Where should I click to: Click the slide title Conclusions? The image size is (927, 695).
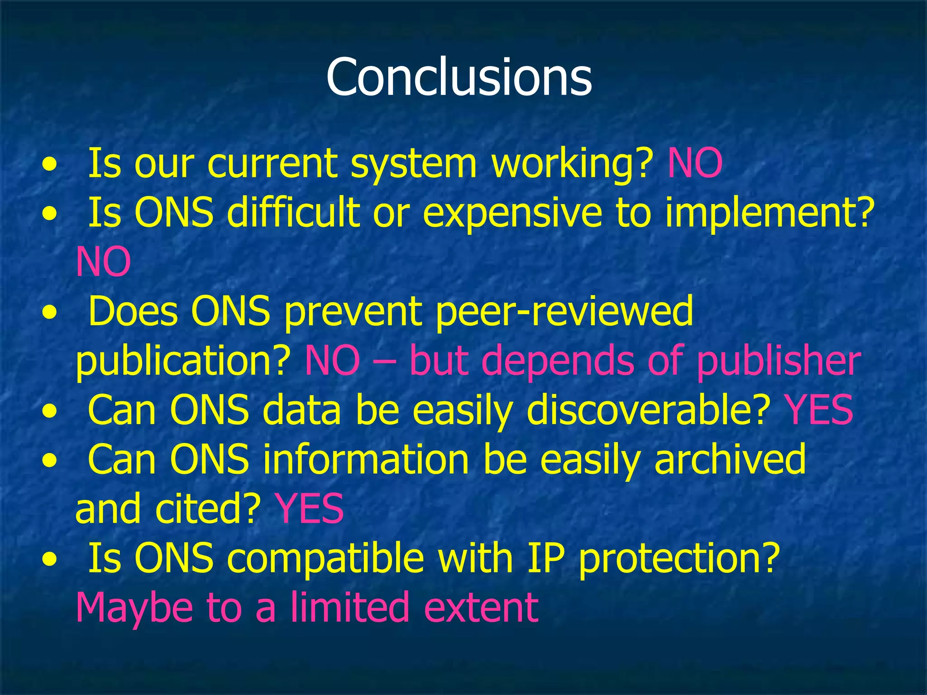click(x=459, y=77)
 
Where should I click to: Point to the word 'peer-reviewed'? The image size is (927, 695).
click(x=564, y=312)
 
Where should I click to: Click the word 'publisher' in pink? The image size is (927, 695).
click(x=779, y=362)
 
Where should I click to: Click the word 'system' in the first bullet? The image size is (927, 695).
click(x=414, y=164)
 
